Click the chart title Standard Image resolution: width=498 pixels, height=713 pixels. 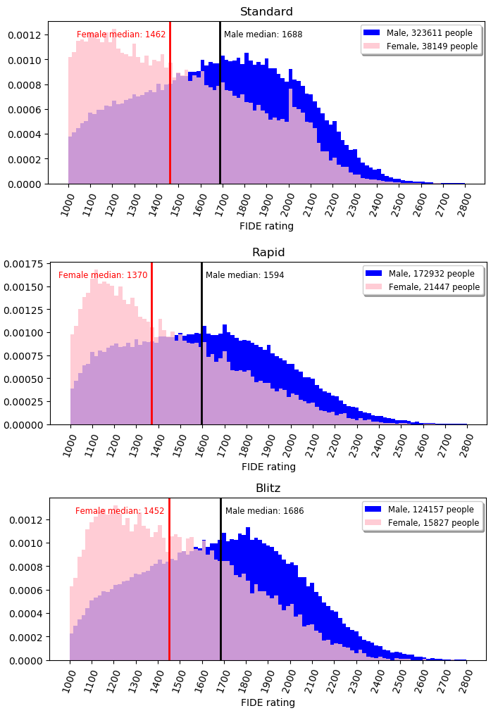click(266, 12)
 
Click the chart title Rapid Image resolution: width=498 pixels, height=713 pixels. click(268, 253)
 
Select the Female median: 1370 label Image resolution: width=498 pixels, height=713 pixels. click(103, 275)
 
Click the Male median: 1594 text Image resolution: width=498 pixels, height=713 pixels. click(244, 275)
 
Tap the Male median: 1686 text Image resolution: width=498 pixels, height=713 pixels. click(264, 511)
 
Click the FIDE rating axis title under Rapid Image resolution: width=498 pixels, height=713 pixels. click(268, 467)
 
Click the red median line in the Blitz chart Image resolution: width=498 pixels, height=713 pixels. click(169, 598)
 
